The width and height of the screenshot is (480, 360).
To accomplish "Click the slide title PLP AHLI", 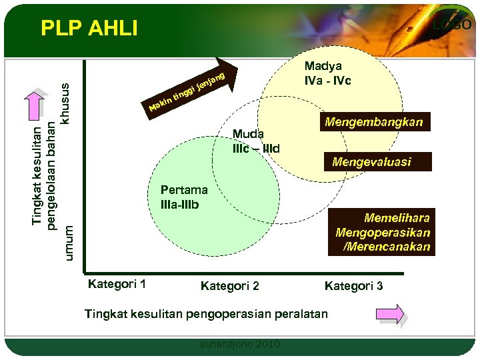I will pyautogui.click(x=89, y=28).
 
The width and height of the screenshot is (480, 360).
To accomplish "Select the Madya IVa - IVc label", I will pyautogui.click(x=328, y=73).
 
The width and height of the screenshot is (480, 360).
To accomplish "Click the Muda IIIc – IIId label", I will pyautogui.click(x=256, y=141).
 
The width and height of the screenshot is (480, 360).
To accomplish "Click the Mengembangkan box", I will pyautogui.click(x=373, y=122).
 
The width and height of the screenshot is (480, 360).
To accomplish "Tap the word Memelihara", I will pyautogui.click(x=397, y=218).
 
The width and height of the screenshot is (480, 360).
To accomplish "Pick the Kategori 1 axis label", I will pyautogui.click(x=117, y=285).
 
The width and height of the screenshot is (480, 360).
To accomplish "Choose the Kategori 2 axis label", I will pyautogui.click(x=230, y=286).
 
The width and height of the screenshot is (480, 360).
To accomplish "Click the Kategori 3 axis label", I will pyautogui.click(x=353, y=286).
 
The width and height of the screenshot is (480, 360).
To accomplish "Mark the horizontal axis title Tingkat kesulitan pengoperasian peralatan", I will pyautogui.click(x=206, y=314).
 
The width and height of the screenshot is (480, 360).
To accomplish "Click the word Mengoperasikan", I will pyautogui.click(x=383, y=233).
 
